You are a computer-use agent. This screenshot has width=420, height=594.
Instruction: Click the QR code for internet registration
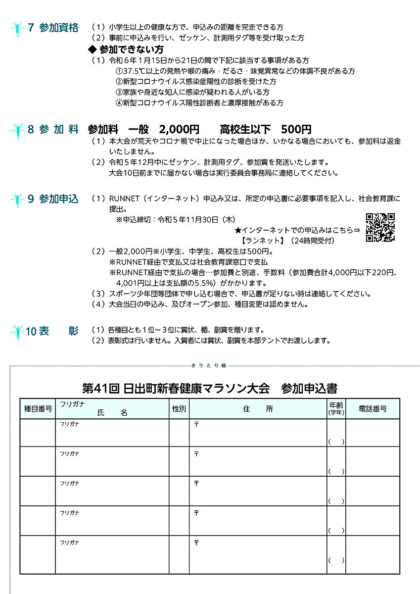pos(380,228)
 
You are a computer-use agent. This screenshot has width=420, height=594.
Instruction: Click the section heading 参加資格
pos(58,28)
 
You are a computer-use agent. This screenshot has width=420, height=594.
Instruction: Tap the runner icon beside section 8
pos(18,131)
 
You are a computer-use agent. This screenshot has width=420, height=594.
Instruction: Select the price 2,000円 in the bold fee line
pos(179,130)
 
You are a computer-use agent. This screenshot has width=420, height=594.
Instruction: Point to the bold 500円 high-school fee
pos(296,130)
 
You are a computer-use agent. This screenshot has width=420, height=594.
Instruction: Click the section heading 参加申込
pos(58,199)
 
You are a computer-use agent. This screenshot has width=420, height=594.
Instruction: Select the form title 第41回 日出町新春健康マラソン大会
pos(175,388)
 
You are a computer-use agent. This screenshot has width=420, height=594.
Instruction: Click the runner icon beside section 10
pos(18,332)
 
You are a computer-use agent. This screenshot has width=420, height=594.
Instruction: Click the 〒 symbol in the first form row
pos(196,425)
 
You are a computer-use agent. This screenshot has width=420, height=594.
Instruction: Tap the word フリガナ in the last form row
pos(69,543)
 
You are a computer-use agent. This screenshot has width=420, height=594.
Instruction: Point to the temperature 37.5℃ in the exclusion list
pos(134,71)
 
